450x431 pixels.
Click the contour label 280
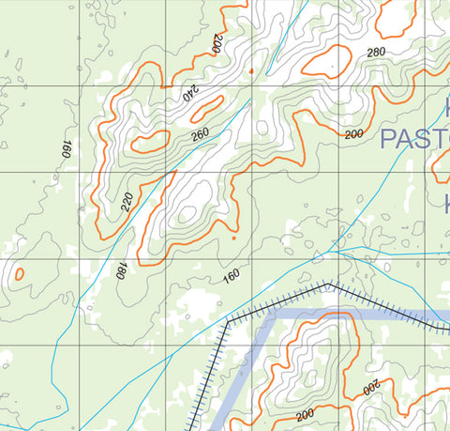tap(376, 52)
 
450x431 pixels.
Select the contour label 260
tap(200, 134)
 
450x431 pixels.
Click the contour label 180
tap(120, 271)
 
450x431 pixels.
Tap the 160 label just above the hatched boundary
tap(231, 277)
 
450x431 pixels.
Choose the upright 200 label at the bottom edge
tap(304, 414)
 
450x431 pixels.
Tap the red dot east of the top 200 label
tap(251, 70)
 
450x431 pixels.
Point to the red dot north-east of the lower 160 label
tap(232, 238)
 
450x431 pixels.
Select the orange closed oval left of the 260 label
tap(150, 143)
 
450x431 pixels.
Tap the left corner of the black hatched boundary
tap(227, 322)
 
